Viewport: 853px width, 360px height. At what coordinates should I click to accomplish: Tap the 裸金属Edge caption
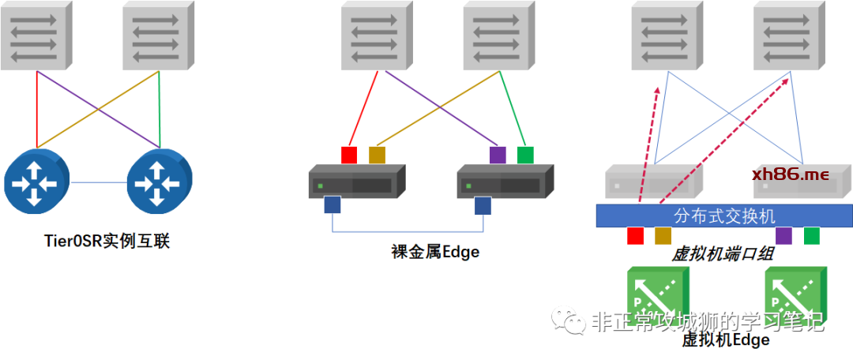point(435,253)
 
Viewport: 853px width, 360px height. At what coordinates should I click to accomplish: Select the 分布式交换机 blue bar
point(723,215)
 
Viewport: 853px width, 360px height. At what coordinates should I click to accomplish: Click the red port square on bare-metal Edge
point(349,155)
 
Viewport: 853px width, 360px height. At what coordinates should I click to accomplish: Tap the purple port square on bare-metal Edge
point(498,155)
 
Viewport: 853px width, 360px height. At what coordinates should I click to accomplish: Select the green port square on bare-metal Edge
point(525,155)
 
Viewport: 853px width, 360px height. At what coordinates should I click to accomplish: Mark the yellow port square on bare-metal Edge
point(378,155)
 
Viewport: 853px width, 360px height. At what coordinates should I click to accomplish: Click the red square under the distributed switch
point(635,235)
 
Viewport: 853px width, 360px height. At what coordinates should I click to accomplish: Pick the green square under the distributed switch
point(812,235)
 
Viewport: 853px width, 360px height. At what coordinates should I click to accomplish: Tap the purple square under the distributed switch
point(783,235)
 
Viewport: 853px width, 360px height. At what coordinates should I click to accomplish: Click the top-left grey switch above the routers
point(37,36)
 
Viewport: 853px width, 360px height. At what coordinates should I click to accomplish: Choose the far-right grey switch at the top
point(789,36)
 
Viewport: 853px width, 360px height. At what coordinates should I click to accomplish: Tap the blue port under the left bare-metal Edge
point(333,206)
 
